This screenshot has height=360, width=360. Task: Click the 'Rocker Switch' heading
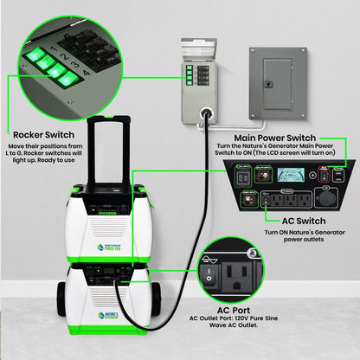tap(44, 135)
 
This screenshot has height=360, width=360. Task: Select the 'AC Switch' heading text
tap(286, 220)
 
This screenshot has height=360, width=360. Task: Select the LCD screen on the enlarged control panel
tap(286, 174)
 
